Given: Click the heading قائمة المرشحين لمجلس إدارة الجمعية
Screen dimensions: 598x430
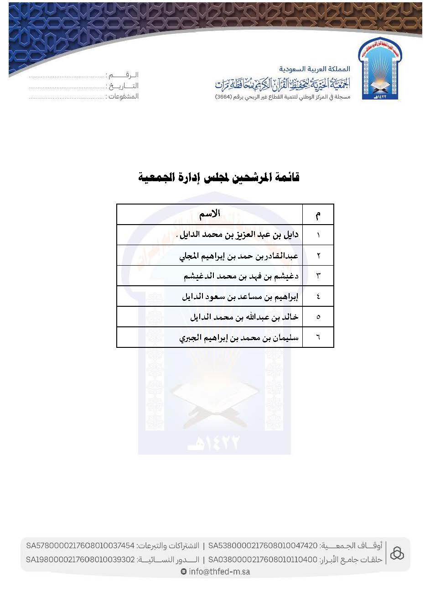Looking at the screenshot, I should point(219,177).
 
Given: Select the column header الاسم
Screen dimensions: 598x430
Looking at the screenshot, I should point(210,214).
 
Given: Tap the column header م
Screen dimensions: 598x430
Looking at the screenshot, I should point(318,215).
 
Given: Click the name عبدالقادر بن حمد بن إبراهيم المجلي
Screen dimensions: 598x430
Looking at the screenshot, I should point(239,256).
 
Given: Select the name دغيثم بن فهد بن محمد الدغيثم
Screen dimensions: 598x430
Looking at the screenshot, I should point(241,276).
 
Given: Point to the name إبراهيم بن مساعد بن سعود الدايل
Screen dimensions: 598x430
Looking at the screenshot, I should point(240,297).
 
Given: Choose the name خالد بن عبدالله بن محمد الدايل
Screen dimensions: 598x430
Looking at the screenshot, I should point(244,317).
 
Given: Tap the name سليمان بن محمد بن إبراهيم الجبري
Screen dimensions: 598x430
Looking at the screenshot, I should point(239,338).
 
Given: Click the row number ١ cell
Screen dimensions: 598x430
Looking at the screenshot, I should point(318,235).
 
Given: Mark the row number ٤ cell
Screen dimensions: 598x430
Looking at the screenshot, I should point(318,297).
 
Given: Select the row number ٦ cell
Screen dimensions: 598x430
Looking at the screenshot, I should point(318,338).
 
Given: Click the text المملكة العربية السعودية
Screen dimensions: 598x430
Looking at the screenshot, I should point(315,69).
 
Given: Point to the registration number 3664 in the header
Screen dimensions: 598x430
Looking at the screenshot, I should point(224,97).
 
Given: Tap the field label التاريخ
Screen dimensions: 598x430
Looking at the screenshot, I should point(124,86).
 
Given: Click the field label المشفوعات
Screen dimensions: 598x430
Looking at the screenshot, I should point(123,96).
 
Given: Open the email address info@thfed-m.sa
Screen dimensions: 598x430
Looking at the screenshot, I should point(219,572).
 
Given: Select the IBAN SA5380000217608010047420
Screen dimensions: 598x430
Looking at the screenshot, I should point(263,546).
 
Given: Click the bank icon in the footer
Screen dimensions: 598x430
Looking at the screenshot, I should point(397,553).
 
